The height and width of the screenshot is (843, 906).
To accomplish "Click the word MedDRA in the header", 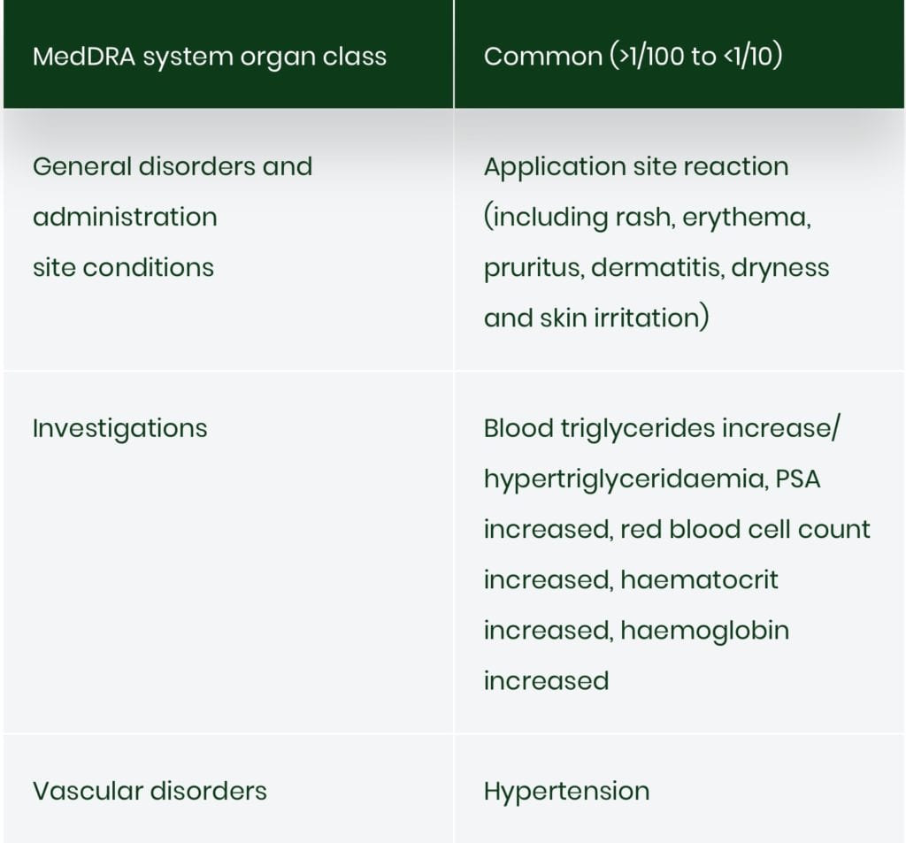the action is click(84, 57).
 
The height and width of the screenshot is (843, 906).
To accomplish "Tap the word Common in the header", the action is click(543, 57).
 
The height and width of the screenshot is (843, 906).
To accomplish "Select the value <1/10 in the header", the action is click(749, 57).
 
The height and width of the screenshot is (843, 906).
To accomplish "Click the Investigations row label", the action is click(119, 429).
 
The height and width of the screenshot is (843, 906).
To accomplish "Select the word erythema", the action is click(747, 218).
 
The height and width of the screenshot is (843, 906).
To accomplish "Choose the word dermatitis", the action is click(657, 268).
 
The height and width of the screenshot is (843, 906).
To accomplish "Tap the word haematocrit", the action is click(699, 580).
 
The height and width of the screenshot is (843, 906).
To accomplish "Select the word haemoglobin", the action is click(704, 632).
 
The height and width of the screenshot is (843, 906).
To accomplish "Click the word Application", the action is click(555, 167).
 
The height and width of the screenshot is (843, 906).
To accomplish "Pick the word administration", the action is click(125, 218).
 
